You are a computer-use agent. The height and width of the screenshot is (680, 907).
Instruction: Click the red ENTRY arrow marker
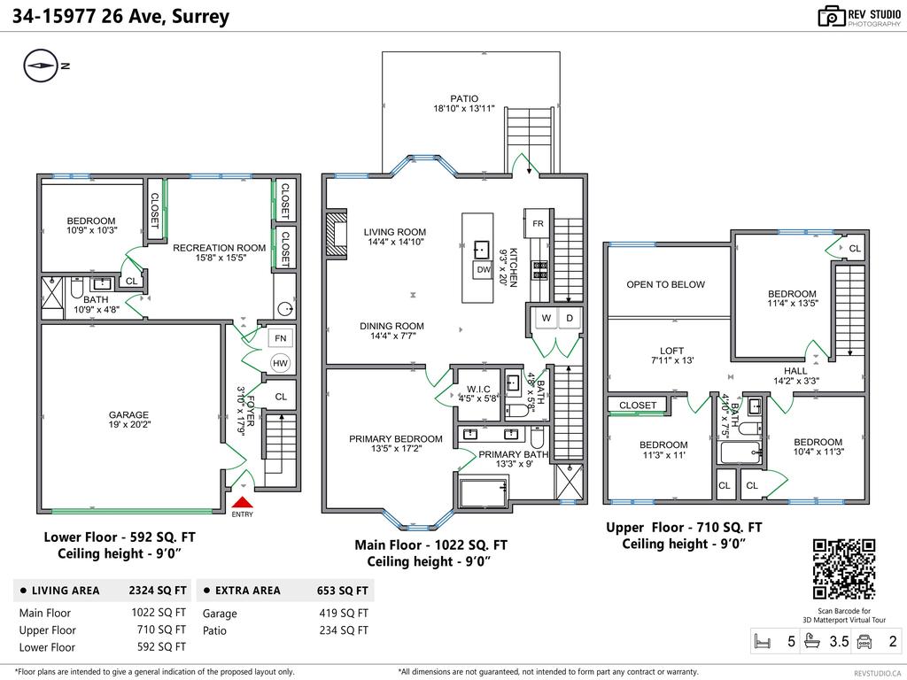pyautogui.click(x=242, y=502)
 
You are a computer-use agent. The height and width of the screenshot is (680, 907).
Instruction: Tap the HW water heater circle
pyautogui.click(x=281, y=363)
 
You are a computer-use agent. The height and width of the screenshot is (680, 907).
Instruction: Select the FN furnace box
pyautogui.click(x=281, y=338)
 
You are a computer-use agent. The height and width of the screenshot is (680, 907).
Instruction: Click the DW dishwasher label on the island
pyautogui.click(x=483, y=269)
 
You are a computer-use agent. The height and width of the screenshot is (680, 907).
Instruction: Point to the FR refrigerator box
pyautogui.click(x=538, y=223)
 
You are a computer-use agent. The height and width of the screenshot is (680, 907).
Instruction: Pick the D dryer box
pyautogui.click(x=570, y=318)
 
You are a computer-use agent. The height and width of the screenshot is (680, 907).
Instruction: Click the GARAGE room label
pyautogui.click(x=128, y=414)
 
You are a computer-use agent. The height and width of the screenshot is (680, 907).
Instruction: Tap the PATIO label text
pyautogui.click(x=463, y=99)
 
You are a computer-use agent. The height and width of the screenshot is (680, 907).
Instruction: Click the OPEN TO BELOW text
pyautogui.click(x=665, y=284)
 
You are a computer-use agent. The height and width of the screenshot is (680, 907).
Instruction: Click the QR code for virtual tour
pyautogui.click(x=843, y=568)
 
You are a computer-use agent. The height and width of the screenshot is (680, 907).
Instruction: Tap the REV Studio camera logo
pyautogui.click(x=831, y=15)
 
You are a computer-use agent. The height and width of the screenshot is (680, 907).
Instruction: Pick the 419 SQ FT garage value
pyautogui.click(x=344, y=613)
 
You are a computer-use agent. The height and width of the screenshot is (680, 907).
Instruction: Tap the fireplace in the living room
pyautogui.click(x=337, y=234)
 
